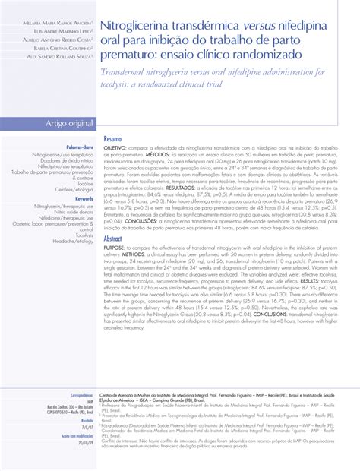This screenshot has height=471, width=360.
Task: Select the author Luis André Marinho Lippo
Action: [56, 27]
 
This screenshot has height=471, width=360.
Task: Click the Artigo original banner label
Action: [50, 123]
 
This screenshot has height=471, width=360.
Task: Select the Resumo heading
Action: [112, 141]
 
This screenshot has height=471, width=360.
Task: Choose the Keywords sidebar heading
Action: [81, 198]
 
